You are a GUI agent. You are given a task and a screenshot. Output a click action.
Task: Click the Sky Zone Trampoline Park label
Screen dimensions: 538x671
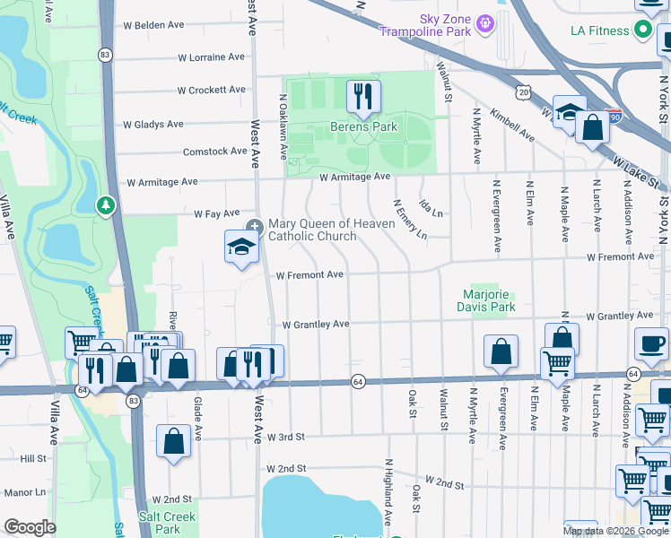432,24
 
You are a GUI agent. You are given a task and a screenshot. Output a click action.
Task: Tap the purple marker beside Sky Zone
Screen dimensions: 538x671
485,22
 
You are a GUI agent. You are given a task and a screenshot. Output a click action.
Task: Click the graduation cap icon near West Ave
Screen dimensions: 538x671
241,247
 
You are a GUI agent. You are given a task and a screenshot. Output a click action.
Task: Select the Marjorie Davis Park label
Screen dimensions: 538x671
489,300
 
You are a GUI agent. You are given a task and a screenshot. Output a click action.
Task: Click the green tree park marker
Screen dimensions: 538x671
106,206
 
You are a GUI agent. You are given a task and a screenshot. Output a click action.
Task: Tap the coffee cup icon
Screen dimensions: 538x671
652,343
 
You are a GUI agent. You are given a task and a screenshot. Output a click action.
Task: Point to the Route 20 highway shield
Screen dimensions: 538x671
524,91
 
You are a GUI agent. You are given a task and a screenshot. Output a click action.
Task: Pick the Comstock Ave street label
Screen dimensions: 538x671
214,152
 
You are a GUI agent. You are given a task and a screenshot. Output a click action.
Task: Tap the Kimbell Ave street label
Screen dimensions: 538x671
514,127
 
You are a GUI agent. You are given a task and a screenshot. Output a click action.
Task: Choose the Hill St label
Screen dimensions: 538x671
32,458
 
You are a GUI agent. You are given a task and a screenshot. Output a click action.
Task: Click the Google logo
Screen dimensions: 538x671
30,528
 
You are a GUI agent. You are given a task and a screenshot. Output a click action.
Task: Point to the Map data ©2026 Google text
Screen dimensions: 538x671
615,531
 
